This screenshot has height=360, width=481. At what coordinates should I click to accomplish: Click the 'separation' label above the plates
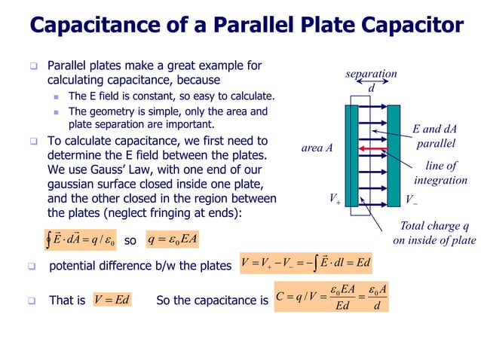pos(371,75)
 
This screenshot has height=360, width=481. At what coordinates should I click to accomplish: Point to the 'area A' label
pos(317,148)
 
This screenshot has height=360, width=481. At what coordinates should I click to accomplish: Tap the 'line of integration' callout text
pos(441,172)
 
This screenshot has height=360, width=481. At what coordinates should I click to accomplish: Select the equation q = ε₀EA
pos(174,239)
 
